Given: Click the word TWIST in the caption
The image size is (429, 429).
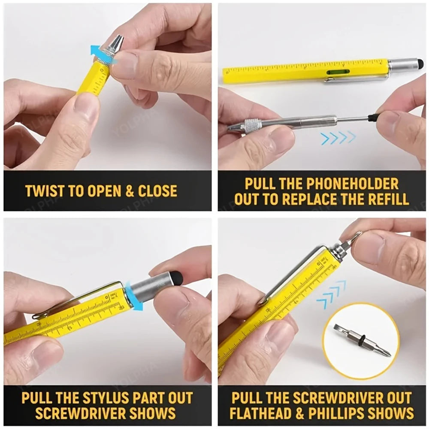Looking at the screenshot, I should point(43,191).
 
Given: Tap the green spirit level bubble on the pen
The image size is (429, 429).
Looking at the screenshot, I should point(338,72).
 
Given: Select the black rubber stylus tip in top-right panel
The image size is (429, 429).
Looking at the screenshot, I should point(420,64).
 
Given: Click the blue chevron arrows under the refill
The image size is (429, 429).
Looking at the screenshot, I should point(338,138).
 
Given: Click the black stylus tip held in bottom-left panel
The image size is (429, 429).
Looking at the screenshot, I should point(176,277).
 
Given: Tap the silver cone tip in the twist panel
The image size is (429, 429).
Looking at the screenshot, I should point(116,42).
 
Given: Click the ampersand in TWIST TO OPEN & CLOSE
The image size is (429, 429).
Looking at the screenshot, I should point(130,191).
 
